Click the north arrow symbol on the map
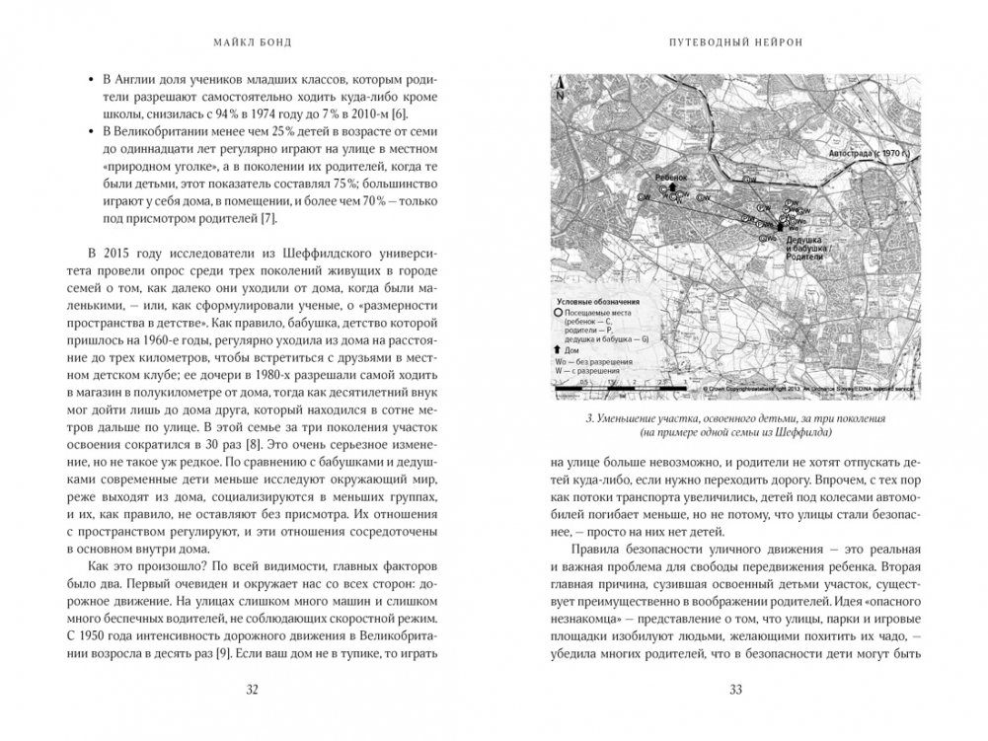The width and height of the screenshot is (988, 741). point(561,87)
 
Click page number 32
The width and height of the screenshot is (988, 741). point(250,690)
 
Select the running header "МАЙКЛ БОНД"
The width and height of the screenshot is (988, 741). point(250,42)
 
